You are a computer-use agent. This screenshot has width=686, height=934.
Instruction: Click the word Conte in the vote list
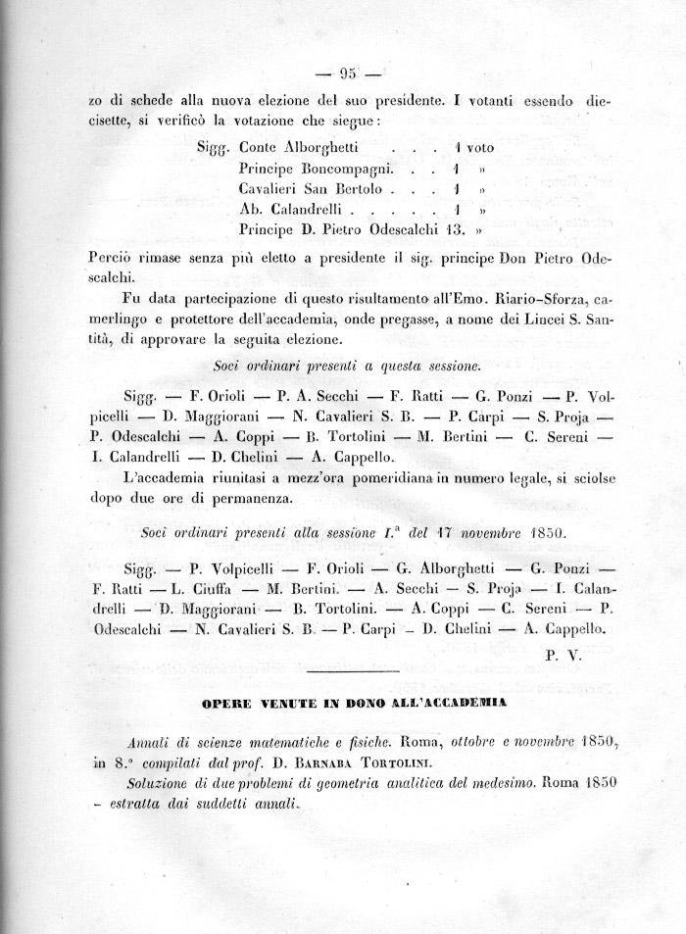pyautogui.click(x=259, y=147)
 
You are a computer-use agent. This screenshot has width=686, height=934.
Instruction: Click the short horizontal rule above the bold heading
pyautogui.click(x=350, y=671)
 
